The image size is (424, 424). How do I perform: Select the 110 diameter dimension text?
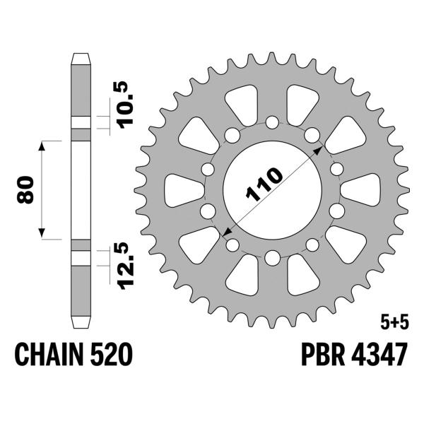(x=264, y=186)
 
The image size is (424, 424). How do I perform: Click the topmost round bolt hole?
(x=271, y=124)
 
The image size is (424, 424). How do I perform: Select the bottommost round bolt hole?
(x=271, y=257)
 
